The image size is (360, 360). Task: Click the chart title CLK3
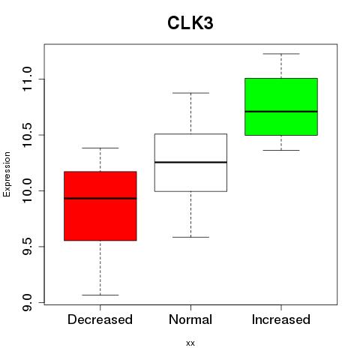click(x=190, y=23)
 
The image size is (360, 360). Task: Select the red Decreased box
click(x=100, y=206)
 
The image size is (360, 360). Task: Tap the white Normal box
click(x=190, y=163)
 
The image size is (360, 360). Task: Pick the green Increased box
click(x=281, y=106)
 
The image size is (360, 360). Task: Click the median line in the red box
click(x=100, y=199)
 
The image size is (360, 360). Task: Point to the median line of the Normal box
click(x=190, y=163)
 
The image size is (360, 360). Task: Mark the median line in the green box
click(x=281, y=112)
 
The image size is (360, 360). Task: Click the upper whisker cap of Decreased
click(x=100, y=148)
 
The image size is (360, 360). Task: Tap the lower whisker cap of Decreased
click(x=100, y=295)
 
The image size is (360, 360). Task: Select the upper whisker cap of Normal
click(x=190, y=93)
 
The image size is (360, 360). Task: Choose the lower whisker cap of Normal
click(x=190, y=237)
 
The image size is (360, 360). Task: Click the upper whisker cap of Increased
click(x=281, y=54)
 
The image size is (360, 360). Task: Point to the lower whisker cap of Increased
click(x=281, y=150)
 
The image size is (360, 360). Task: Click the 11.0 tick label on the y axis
click(x=27, y=79)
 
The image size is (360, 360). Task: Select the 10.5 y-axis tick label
click(x=27, y=135)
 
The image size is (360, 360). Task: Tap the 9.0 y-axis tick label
click(x=27, y=302)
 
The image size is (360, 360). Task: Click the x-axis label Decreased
click(x=100, y=319)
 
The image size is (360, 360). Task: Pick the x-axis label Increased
click(x=281, y=319)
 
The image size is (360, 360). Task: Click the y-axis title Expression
click(x=7, y=174)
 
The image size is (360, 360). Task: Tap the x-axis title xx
click(x=190, y=343)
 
